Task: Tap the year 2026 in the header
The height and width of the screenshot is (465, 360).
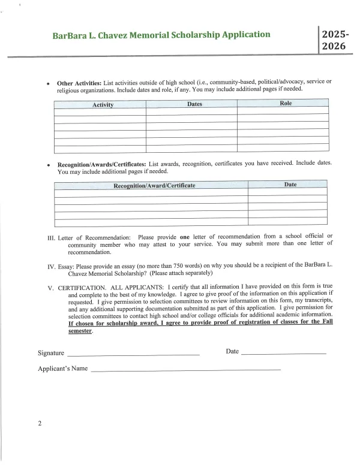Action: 334,46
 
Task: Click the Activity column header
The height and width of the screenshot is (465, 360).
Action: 103,105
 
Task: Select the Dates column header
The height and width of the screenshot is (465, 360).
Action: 194,104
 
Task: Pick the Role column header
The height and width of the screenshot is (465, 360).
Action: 286,104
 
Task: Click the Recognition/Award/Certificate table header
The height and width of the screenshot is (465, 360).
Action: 154,185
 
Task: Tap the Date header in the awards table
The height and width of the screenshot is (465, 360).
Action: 290,185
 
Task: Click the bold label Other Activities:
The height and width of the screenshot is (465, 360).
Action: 79,83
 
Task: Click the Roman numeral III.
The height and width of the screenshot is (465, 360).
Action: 52,237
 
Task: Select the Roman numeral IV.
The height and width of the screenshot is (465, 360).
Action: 52,264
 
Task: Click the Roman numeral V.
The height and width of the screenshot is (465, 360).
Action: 51,288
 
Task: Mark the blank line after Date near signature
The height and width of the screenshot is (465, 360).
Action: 283,354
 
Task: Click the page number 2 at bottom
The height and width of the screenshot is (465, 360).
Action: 40,424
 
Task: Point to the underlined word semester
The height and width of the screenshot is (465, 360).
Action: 80,330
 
